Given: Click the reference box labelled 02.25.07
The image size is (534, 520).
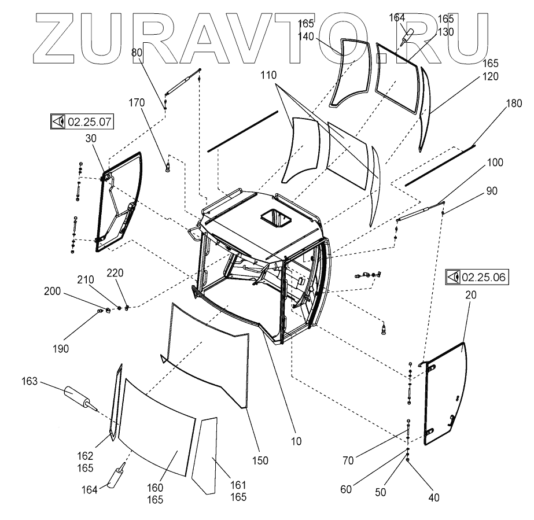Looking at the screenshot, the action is (82, 122).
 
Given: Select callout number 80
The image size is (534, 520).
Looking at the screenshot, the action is (137, 52).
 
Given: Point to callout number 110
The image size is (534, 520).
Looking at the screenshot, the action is (268, 75).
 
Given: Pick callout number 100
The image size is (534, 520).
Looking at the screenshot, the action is (495, 163).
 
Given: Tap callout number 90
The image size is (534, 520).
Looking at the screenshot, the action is (491, 191).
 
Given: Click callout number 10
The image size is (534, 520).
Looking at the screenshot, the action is (296, 441).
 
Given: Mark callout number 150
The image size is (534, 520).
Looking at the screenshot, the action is (260, 460).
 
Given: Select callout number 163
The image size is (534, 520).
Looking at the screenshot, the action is (30, 382).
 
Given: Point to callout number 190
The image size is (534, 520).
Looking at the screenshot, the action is (61, 349).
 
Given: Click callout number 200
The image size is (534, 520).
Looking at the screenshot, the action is (51, 292).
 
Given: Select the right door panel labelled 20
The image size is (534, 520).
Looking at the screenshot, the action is (445, 393).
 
